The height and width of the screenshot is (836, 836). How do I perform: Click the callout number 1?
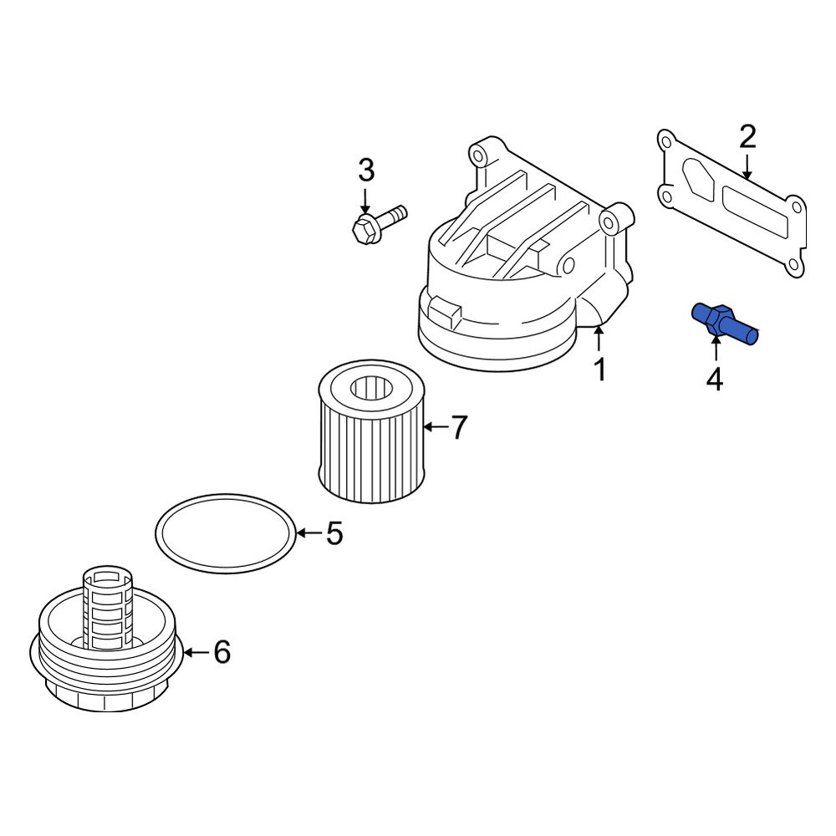click(599, 369)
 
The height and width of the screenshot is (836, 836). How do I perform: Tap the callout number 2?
click(747, 137)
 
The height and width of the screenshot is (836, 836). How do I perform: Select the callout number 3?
click(366, 171)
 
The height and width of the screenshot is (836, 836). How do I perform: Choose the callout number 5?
click(334, 533)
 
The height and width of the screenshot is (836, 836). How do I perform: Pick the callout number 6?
click(221, 652)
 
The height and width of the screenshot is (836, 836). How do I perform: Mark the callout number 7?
click(459, 428)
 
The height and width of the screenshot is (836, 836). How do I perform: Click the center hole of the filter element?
click(370, 389)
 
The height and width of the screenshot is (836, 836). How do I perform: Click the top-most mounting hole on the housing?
click(479, 153)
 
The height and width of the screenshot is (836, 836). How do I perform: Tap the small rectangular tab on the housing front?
click(446, 313)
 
